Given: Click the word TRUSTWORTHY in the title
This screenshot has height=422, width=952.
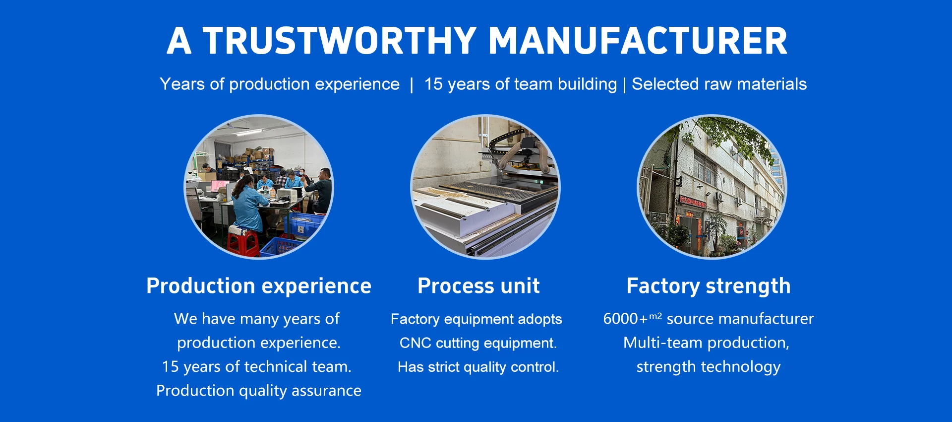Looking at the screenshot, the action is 340,41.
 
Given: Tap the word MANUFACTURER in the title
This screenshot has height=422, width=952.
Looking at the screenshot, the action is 638,41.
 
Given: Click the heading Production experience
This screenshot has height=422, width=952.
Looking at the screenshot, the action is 259,286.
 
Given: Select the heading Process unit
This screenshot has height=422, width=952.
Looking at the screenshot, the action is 478,286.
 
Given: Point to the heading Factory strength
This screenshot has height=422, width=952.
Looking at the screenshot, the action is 709,286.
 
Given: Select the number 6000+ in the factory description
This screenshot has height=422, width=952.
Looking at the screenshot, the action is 625,319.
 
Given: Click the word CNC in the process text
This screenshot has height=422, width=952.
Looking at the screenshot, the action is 412,343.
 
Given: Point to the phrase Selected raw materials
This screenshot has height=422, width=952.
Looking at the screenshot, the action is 719,84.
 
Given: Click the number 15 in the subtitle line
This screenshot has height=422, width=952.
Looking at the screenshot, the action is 433,84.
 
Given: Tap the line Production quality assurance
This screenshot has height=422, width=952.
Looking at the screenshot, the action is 259,391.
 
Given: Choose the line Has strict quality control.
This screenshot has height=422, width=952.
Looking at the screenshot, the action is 478,367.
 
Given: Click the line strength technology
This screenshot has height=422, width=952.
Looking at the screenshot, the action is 709,367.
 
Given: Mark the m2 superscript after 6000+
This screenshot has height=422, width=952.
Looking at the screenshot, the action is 655,316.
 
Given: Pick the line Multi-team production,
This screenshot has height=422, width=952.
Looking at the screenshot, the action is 706,343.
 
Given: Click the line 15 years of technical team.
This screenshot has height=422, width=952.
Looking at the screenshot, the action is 256,367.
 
